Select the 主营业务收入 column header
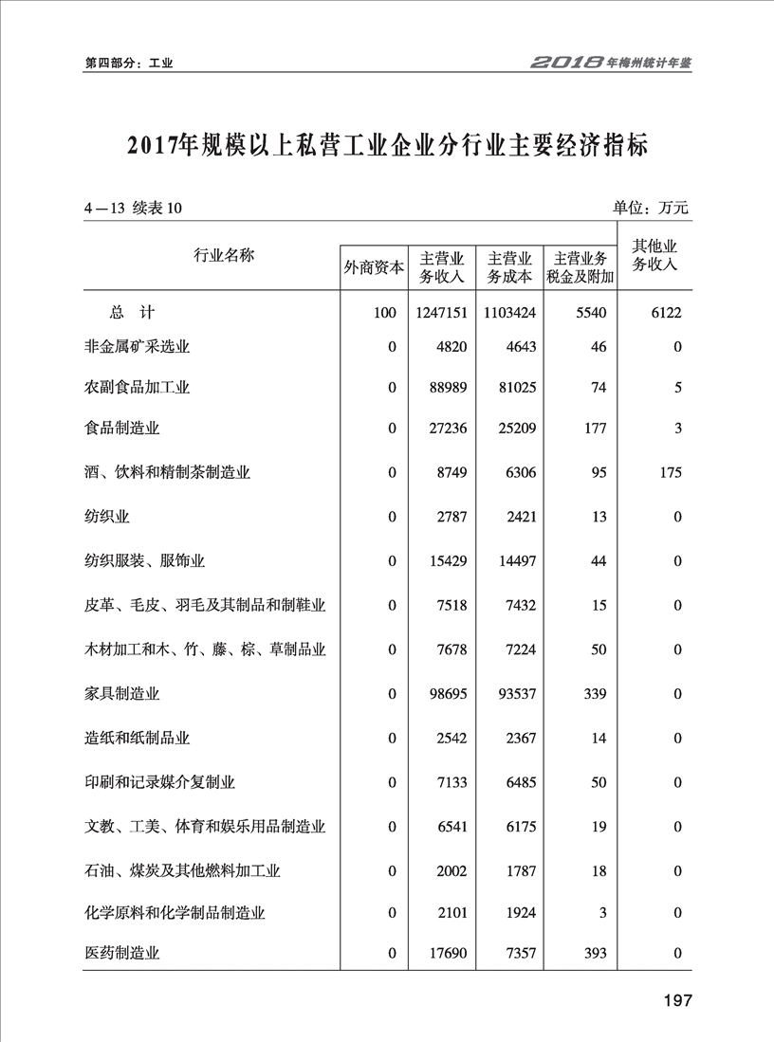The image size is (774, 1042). pyautogui.click(x=442, y=267)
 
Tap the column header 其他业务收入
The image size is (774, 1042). pyautogui.click(x=654, y=256)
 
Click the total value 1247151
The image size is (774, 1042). pyautogui.click(x=441, y=313)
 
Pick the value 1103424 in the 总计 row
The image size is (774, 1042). pyautogui.click(x=509, y=313)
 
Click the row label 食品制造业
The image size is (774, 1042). pyautogui.click(x=122, y=428)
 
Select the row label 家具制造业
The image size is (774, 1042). pyautogui.click(x=122, y=694)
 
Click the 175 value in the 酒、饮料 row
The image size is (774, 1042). pyautogui.click(x=670, y=472)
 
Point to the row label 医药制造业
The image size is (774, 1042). pyautogui.click(x=122, y=953)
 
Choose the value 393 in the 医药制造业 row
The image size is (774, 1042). pyautogui.click(x=595, y=953)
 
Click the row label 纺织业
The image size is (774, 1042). pyautogui.click(x=107, y=517)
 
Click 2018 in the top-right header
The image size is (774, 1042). pyautogui.click(x=566, y=64)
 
